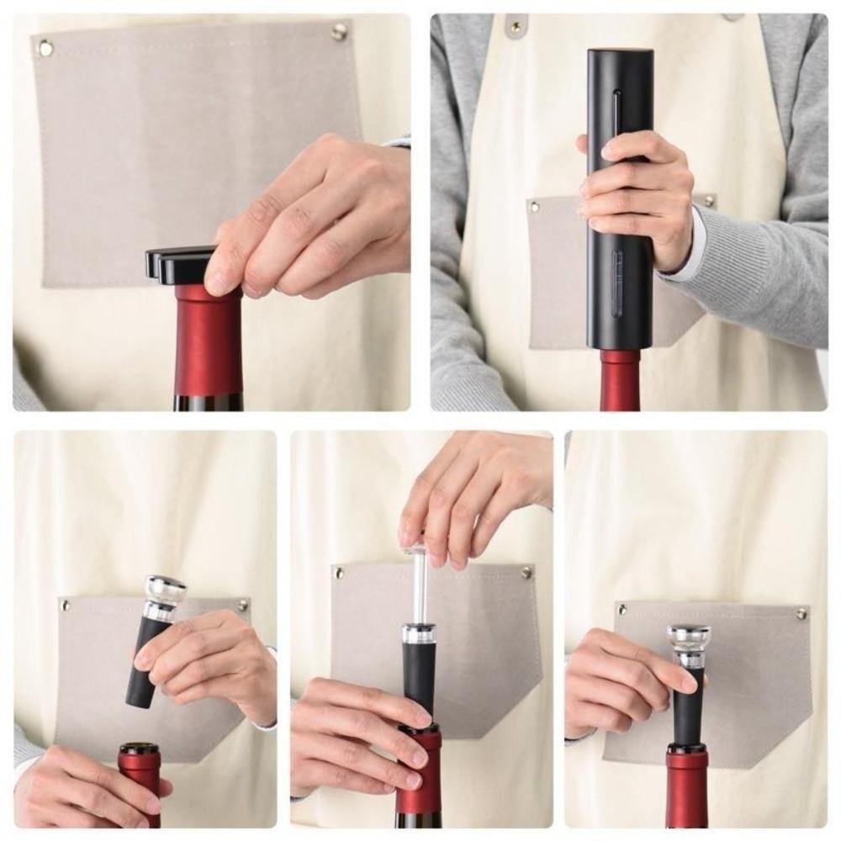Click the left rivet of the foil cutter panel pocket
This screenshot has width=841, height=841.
tap(45, 48)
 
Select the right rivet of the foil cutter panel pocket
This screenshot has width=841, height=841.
tap(339, 32)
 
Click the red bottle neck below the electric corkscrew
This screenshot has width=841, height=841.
tap(620, 380)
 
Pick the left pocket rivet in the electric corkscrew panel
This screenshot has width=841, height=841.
tap(532, 204)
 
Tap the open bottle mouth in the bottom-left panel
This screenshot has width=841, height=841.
tap(140, 748)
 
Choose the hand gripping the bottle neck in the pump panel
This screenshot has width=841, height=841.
tap(353, 740)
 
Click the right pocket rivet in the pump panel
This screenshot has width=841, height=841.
tap(526, 573)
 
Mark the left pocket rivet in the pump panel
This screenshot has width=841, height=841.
tap(339, 574)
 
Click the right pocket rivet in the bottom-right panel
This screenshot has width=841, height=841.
tap(801, 613)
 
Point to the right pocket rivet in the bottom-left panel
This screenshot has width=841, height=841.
tap(242, 605)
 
